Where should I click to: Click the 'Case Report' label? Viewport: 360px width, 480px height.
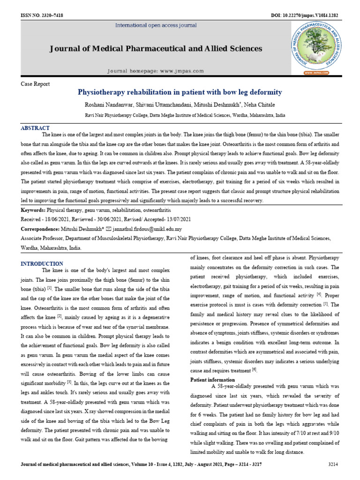(35, 84)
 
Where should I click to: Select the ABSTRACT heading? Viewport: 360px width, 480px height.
(35, 128)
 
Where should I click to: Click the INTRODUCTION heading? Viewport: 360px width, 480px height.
(42, 263)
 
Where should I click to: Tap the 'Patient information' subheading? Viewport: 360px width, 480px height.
(212, 379)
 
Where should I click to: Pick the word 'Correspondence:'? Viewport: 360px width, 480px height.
(40, 229)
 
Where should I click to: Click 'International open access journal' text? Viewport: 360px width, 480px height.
(156, 25)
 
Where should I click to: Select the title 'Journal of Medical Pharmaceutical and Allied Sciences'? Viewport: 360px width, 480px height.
(156, 49)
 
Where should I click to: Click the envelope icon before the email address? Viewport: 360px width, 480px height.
(109, 229)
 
